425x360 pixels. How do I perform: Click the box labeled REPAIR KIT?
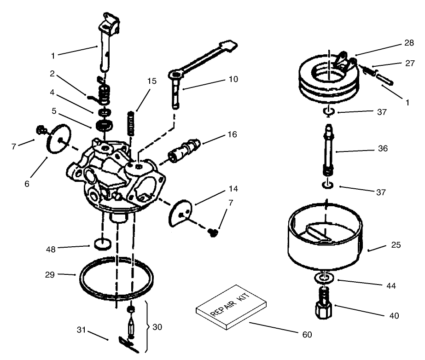[231, 312]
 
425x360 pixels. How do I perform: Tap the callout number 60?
[307, 334]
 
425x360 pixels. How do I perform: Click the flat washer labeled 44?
[325, 278]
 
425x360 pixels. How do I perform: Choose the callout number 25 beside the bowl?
[396, 245]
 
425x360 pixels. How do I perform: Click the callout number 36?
[382, 149]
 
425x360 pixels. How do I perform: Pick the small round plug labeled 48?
[102, 244]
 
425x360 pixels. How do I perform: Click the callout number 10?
[233, 79]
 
